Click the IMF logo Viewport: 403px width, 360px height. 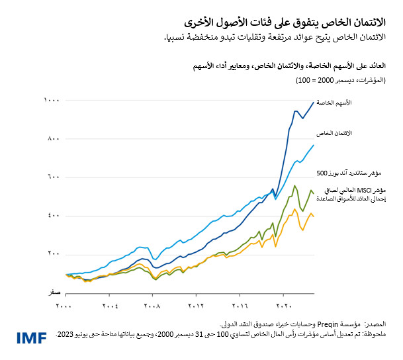pos(32,338)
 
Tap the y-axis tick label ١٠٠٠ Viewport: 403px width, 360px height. pos(52,100)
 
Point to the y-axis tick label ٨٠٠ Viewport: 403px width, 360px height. pos(53,138)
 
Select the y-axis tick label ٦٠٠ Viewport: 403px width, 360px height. pos(53,177)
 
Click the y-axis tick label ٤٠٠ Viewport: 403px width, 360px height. pos(53,215)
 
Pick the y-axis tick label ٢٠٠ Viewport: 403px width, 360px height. pos(53,253)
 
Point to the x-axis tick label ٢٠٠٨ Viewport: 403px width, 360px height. pos(153,306)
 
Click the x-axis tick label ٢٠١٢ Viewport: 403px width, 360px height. pos(197,306)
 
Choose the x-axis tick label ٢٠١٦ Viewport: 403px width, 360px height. pos(240,306)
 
